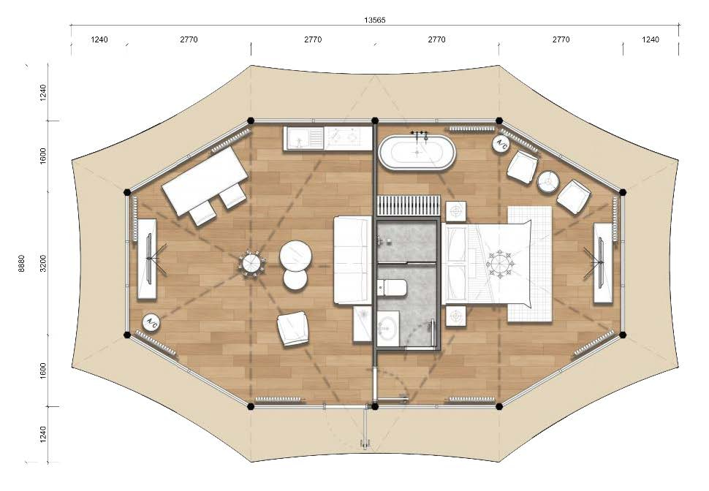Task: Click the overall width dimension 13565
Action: click(374, 20)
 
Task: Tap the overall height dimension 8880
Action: click(22, 263)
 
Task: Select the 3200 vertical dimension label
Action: click(43, 263)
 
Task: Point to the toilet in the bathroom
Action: click(392, 288)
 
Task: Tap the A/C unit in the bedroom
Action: click(501, 143)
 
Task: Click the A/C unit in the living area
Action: click(151, 322)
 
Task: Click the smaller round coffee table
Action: click(295, 278)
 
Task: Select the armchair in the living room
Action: click(293, 329)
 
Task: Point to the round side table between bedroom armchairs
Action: click(548, 182)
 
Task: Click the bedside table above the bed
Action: click(456, 212)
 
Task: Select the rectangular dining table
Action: click(205, 181)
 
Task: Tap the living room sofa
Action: click(353, 260)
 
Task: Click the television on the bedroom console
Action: click(601, 263)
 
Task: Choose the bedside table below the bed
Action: click(456, 316)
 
